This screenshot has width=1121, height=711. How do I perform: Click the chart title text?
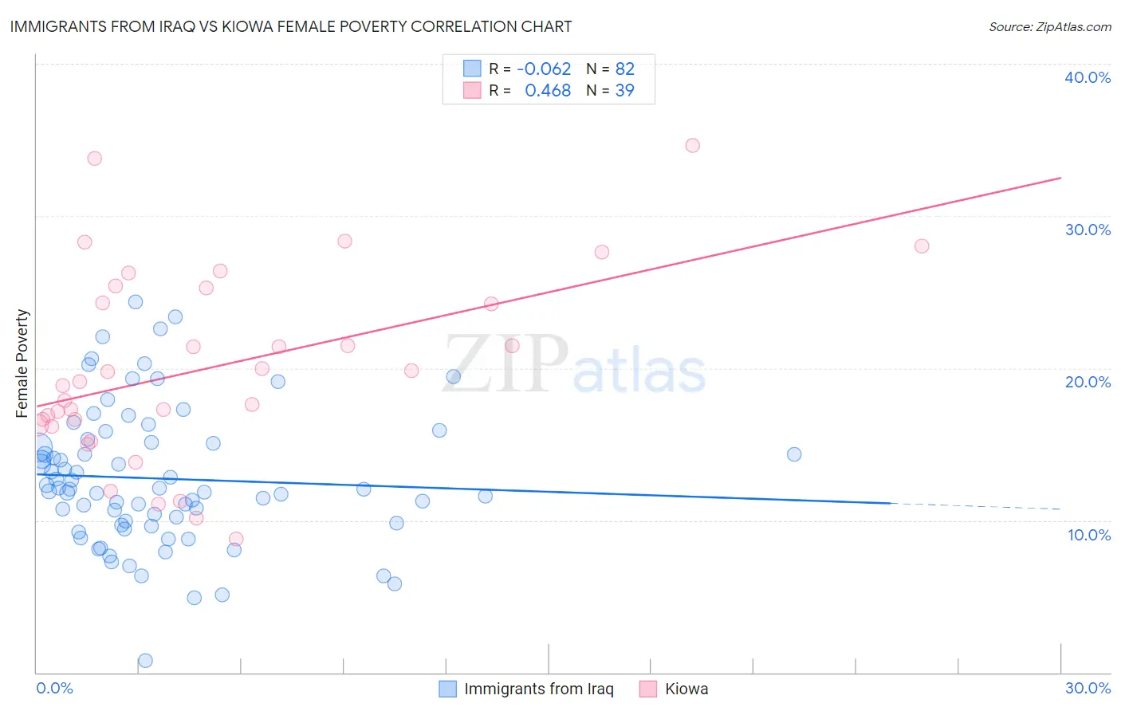(x=290, y=26)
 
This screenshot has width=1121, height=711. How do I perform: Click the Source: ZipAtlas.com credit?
(x=1049, y=27)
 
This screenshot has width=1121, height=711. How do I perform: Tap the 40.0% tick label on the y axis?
(x=1088, y=77)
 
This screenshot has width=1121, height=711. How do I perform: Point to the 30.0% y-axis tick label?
(x=1088, y=230)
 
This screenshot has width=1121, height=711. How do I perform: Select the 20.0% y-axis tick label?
(x=1088, y=382)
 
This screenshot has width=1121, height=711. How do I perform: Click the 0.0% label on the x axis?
(x=54, y=688)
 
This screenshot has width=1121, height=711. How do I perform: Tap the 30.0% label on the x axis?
(x=1088, y=688)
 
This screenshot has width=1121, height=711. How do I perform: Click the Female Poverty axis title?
(x=22, y=363)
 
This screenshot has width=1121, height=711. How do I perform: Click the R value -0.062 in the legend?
(x=544, y=69)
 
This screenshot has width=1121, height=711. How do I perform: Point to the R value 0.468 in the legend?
(x=548, y=91)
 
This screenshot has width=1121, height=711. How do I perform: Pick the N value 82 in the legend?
(x=624, y=69)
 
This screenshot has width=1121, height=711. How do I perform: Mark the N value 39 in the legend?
(x=624, y=91)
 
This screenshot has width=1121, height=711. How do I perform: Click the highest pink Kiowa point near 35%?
(x=692, y=145)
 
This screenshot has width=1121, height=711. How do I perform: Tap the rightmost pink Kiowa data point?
(x=921, y=246)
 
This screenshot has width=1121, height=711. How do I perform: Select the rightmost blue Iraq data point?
(x=793, y=454)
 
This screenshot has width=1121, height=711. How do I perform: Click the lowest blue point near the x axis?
(x=145, y=660)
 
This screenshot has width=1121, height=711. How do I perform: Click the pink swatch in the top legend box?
(x=472, y=91)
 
